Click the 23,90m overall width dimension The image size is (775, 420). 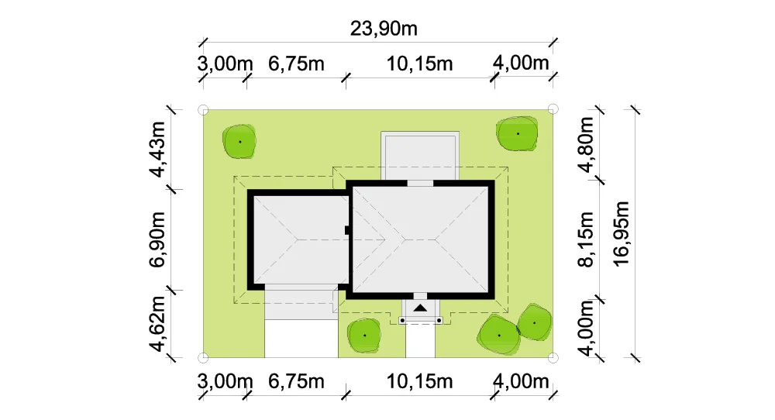(x=384, y=29)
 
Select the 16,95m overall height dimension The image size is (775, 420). (x=622, y=234)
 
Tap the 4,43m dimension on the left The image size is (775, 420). (x=157, y=150)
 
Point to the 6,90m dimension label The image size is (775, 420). (x=157, y=239)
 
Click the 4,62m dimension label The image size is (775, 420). (x=157, y=324)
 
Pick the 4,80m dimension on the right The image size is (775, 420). (x=586, y=145)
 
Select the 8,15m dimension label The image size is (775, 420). (x=586, y=239)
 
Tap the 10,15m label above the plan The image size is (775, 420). (x=419, y=64)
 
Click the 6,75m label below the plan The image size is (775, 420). (x=296, y=381)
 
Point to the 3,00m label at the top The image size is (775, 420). (x=225, y=64)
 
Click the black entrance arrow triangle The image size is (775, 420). (x=420, y=308)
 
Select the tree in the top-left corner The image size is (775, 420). (x=239, y=141)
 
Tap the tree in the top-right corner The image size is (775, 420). (x=517, y=133)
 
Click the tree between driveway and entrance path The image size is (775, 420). (x=364, y=335)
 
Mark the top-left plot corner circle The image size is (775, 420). (x=202, y=110)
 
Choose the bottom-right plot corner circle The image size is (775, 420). (x=553, y=357)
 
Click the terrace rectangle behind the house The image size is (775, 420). (x=420, y=156)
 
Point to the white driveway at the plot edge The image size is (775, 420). (x=301, y=339)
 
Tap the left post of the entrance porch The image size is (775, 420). (x=402, y=321)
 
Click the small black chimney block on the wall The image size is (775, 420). (x=347, y=230)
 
